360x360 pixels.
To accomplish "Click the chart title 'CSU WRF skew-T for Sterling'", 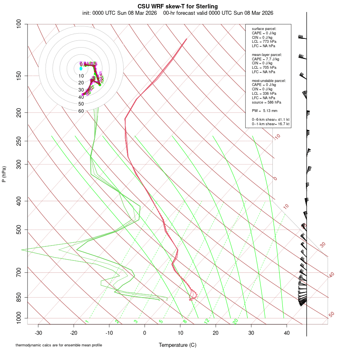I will click(x=178, y=6).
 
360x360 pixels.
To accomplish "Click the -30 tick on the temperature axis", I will click(x=38, y=333).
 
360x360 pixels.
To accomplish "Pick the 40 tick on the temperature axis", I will click(x=287, y=333).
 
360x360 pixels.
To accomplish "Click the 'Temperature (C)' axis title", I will click(x=178, y=345).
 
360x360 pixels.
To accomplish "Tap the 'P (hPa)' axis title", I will click(x=4, y=174).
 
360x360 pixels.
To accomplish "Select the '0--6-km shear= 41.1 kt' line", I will click(x=270, y=120).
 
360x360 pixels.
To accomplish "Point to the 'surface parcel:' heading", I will click(x=264, y=29).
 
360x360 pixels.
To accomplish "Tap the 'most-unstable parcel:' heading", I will click(x=269, y=81).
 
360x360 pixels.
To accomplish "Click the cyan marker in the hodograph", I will click(x=81, y=68).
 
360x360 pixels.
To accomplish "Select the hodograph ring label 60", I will click(x=81, y=111).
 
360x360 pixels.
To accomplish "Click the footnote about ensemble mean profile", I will click(x=59, y=345).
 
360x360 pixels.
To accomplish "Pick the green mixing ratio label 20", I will click(x=235, y=321).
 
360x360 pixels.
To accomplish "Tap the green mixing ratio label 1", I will click(x=86, y=322).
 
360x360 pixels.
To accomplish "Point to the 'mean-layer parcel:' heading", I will click(x=267, y=54).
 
